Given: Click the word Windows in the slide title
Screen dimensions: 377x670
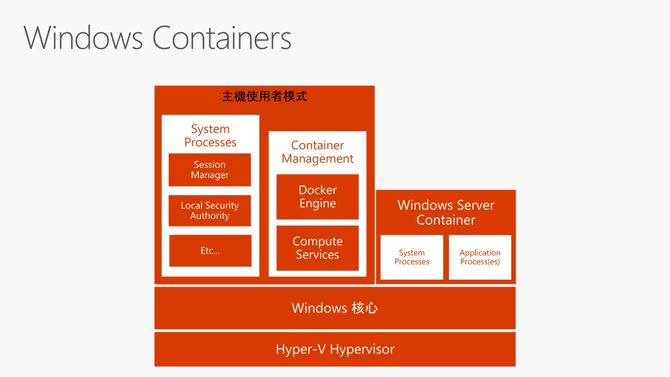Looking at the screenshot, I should point(83,38).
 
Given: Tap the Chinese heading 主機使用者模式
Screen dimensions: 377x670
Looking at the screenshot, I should point(264,96).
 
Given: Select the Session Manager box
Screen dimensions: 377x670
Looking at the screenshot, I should point(210,170).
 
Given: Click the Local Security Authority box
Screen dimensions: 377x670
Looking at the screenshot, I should point(210,211).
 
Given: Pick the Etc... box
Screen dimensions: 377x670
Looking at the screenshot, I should point(210,251).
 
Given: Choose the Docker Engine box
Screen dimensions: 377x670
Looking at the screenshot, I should point(317,197).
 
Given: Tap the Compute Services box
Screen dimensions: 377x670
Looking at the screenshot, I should point(317,248).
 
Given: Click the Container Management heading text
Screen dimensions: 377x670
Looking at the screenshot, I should point(317,152).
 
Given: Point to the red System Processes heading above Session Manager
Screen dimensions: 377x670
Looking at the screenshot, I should point(210,135).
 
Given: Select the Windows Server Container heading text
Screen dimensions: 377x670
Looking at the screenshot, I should point(446,212).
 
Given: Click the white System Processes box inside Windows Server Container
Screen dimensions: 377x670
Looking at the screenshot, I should point(412,257).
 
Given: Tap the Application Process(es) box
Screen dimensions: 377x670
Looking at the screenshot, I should point(480,257).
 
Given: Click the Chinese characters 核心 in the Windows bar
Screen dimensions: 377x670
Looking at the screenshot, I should point(365,308).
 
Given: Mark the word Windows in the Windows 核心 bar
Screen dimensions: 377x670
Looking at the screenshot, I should point(319,308).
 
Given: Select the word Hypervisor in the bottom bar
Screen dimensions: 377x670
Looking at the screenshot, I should point(362,350).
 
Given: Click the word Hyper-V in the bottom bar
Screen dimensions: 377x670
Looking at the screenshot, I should point(301,350).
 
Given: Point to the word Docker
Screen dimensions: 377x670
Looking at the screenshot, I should point(317,190).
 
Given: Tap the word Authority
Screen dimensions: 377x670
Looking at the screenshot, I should point(210,216).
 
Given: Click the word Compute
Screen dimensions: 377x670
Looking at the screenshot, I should point(317,242).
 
